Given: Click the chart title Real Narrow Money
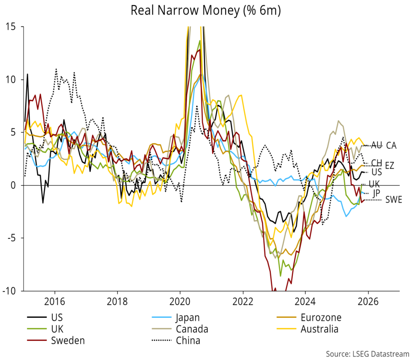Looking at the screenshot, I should pos(205,11).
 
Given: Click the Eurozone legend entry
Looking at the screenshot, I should pos(320,318).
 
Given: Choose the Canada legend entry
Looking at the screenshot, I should pos(192,329).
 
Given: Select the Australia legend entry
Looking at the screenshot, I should pos(319,329).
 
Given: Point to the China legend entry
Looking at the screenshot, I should pos(188,341).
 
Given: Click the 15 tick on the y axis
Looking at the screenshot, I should pos(15,26).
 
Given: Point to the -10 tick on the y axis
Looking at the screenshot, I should pos(13,291).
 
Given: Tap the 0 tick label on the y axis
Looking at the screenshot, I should pos(17,185).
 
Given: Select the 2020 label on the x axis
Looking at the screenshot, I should pos(180,301).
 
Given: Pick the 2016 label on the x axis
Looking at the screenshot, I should pos(55,301).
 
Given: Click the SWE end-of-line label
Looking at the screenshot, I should pos(393,199).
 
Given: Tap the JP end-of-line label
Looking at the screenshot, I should pos(376,193).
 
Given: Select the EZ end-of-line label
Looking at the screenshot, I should pos(389,165).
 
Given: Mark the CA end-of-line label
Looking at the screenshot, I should pos(391,146).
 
